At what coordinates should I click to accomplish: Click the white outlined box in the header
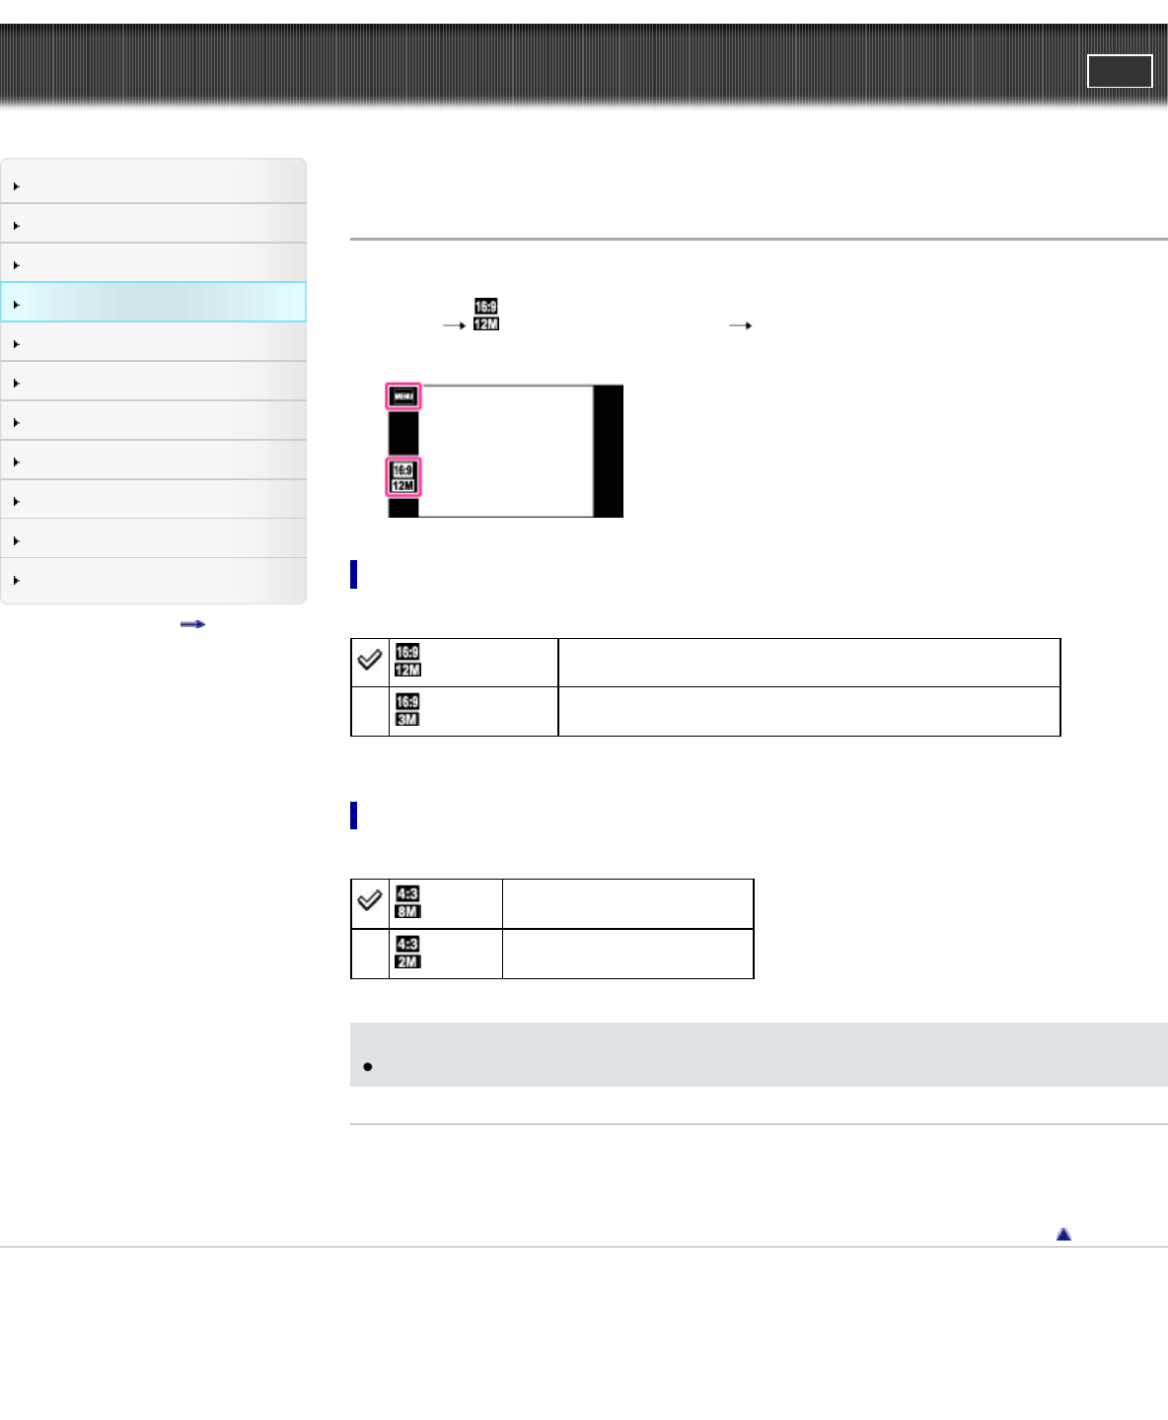1120,71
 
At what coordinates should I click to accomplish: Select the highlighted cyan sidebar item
153,303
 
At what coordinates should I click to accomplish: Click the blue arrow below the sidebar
192,624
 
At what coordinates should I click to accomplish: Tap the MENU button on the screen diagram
403,396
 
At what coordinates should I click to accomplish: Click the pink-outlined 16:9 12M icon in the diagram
403,477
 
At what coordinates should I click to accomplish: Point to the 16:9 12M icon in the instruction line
486,316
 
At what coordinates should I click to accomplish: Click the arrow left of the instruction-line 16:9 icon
454,325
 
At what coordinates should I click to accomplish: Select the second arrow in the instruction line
740,325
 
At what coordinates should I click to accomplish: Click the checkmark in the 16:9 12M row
370,660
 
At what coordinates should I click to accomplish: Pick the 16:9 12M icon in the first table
407,661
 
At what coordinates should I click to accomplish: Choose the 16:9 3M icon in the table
407,710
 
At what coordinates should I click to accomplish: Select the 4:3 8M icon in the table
407,902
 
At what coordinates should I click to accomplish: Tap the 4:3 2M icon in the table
407,953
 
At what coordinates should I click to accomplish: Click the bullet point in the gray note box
368,1067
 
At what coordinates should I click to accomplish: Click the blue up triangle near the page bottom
1063,1235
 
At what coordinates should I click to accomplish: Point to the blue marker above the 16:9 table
353,574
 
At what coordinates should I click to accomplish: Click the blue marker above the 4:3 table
353,816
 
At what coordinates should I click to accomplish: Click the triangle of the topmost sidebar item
17,186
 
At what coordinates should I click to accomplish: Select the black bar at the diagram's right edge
609,451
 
